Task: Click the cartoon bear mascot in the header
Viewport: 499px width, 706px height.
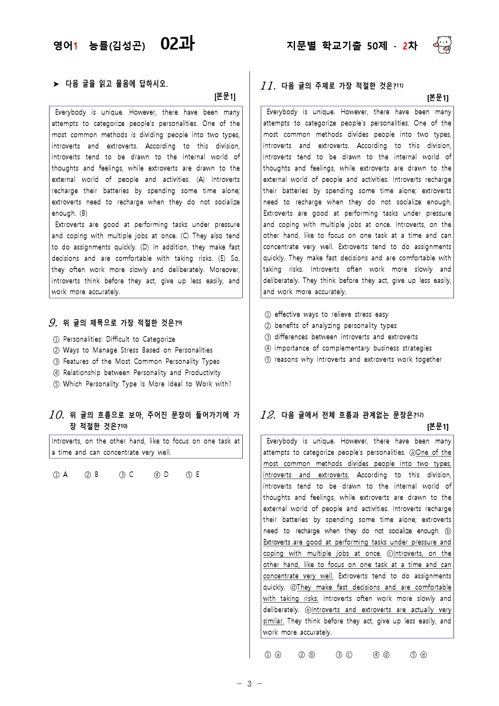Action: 443,45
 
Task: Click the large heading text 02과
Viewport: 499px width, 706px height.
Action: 177,43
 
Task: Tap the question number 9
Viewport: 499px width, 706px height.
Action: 53,323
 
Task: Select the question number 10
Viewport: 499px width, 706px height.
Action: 56,415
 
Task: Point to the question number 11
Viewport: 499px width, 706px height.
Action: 268,86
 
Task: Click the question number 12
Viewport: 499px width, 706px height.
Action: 268,415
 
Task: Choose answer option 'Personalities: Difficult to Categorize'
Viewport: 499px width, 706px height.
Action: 119,339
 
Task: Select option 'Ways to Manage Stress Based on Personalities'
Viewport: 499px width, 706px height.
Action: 138,350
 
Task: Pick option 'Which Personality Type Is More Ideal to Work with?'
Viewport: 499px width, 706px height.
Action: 147,384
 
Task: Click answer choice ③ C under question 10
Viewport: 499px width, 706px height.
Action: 126,475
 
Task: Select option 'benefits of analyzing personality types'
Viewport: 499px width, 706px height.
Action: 335,326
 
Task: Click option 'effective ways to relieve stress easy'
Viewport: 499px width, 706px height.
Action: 331,314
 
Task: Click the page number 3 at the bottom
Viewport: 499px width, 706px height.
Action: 249,684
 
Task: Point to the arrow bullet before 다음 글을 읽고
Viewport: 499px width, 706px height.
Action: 56,84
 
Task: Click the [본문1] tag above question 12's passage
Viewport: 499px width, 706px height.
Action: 437,426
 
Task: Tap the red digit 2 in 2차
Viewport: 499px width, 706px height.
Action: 405,46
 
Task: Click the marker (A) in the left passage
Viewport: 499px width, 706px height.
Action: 200,180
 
